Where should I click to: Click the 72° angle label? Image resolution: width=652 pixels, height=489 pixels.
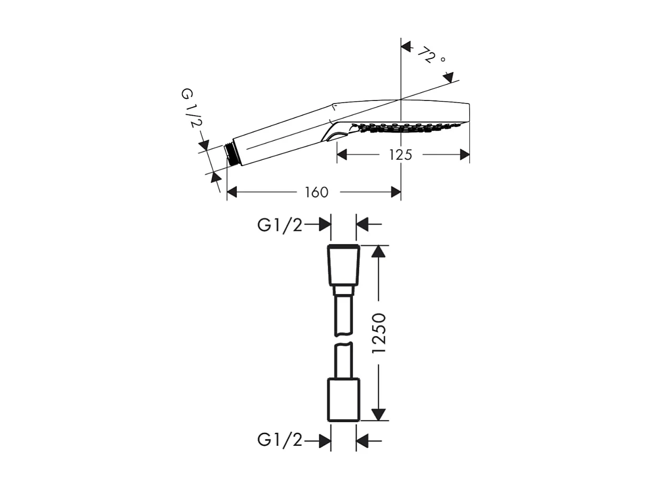click(431, 55)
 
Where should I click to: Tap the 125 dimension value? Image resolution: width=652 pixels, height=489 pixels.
click(401, 155)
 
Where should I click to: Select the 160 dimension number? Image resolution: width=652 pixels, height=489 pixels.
click(317, 192)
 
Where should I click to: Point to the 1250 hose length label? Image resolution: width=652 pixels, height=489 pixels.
click(379, 333)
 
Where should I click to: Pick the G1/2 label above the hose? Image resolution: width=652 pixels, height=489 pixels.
click(280, 226)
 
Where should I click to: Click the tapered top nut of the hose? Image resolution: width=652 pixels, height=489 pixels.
click(344, 265)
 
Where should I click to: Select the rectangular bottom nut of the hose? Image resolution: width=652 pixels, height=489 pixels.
click(344, 400)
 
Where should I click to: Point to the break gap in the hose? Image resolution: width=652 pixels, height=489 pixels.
click(344, 339)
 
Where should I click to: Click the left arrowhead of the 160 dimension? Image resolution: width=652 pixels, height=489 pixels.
click(232, 192)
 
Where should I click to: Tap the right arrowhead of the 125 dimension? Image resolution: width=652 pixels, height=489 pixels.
click(464, 155)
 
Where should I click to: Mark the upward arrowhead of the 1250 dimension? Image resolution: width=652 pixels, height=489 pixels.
click(378, 251)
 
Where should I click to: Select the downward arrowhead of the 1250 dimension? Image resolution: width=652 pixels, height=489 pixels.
click(378, 415)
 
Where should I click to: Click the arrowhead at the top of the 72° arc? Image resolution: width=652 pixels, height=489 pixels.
click(406, 46)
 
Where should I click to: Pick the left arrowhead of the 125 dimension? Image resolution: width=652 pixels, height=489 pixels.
click(342, 155)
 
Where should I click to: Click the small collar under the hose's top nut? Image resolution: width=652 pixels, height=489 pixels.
click(344, 290)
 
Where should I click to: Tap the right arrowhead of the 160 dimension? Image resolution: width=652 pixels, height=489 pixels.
click(396, 192)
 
